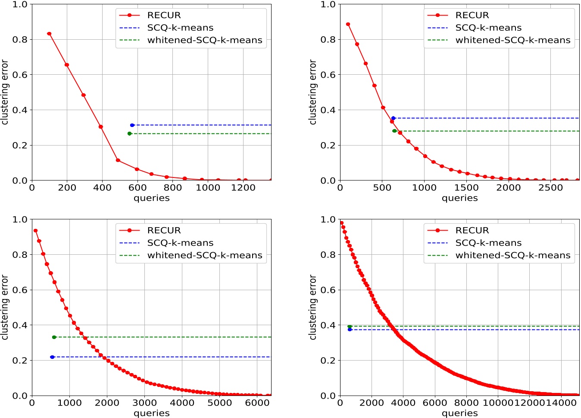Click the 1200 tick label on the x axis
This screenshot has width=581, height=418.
click(x=243, y=188)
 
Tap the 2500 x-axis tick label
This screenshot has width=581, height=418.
click(x=550, y=188)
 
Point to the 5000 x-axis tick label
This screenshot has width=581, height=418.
click(x=219, y=403)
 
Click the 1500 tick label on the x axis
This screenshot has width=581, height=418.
click(x=466, y=188)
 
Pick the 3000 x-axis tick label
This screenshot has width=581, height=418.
click(x=144, y=403)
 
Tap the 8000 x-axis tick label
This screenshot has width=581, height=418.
click(x=466, y=403)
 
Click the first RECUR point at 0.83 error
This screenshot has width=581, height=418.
click(x=49, y=34)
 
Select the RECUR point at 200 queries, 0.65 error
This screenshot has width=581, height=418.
click(x=67, y=65)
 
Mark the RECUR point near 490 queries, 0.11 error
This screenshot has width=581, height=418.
click(x=118, y=160)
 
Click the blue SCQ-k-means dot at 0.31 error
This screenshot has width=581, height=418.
click(x=132, y=125)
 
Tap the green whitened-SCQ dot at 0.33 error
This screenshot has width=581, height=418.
click(x=54, y=337)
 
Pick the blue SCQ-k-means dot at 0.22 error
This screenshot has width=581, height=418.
click(x=52, y=357)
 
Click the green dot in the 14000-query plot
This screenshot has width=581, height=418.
click(x=350, y=326)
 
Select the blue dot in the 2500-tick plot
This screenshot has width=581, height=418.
click(x=393, y=118)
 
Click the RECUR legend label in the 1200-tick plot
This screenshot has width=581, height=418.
click(x=164, y=15)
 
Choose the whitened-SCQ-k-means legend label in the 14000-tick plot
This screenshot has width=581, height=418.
click(x=512, y=255)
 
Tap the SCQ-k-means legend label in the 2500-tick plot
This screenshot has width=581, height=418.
click(x=488, y=28)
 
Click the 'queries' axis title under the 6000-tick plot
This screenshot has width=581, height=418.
click(x=152, y=413)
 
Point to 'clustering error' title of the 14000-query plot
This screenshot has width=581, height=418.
click(x=313, y=307)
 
